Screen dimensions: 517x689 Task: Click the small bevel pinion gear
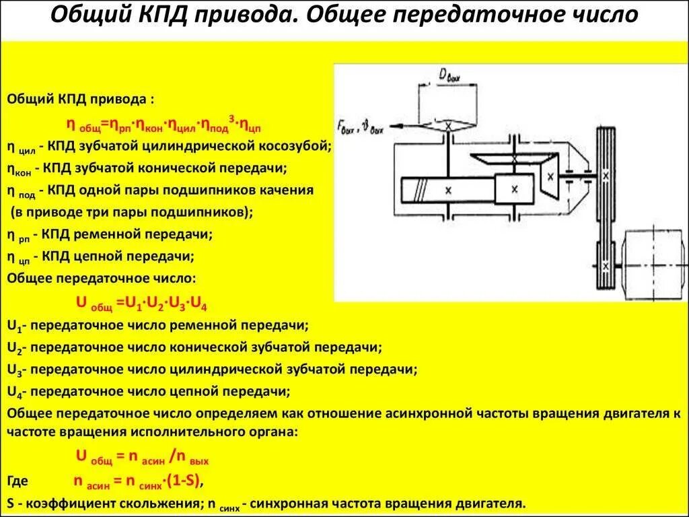coord(550,176)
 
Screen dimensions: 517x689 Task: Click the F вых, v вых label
coord(359,126)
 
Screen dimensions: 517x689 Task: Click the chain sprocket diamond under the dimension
coord(447,125)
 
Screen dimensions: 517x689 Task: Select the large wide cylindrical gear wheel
coord(447,191)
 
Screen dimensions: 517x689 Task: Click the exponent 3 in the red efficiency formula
coord(231,119)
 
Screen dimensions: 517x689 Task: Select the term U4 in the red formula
coord(198,304)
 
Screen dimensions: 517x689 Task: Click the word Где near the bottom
coord(17,482)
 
